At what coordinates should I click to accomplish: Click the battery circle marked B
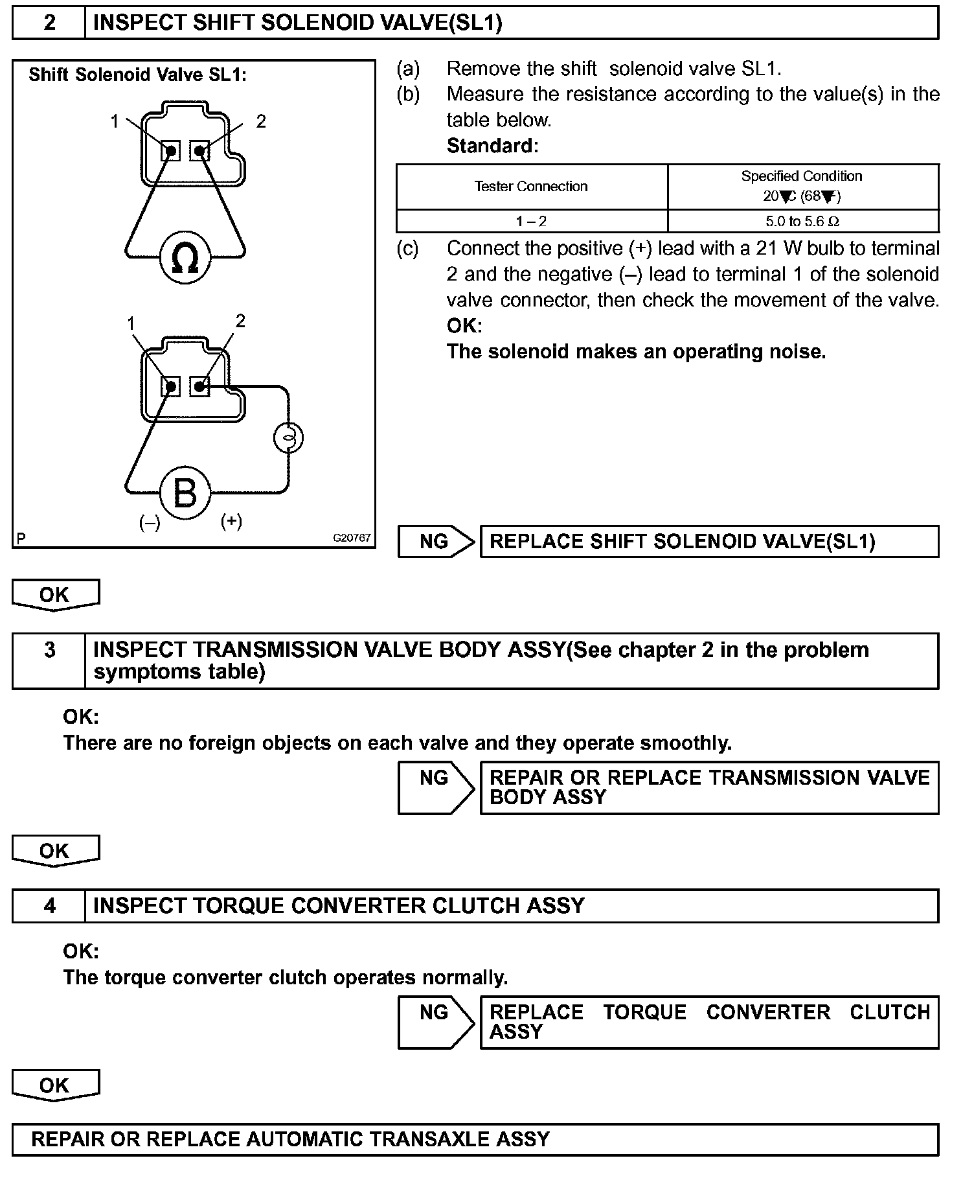pos(185,493)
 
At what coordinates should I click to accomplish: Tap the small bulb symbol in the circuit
pos(288,438)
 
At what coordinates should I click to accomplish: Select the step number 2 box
pos(49,23)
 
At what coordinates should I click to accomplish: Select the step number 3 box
pos(49,650)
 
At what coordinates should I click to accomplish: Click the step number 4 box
pos(49,905)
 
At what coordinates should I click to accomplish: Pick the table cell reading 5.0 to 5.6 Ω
pos(802,222)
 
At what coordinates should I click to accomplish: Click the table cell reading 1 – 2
pos(531,222)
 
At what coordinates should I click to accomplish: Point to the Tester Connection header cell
pos(531,187)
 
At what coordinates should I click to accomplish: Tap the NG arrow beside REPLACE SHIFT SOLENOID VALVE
pos(436,542)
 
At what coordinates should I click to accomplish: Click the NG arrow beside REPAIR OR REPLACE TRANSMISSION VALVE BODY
pos(436,787)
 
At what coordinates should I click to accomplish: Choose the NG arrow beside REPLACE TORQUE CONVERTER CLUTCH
pos(436,1022)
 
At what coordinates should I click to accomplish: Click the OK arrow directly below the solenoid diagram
pos(55,595)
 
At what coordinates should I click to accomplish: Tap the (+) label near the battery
pos(231,521)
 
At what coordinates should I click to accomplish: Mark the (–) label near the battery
pos(150,523)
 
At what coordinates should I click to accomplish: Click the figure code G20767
pos(352,538)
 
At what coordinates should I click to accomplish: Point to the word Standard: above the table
pos(492,146)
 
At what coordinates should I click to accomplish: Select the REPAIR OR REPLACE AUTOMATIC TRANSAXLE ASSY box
pos(475,1139)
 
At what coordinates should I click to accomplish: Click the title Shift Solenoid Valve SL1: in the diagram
pos(137,75)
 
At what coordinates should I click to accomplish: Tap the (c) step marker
pos(407,249)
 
